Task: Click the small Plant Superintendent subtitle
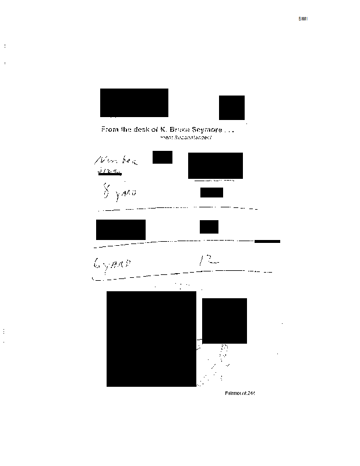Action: [x=186, y=137]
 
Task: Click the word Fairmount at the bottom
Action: [x=235, y=393]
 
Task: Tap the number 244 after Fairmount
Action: [x=251, y=393]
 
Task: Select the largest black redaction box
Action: [x=151, y=339]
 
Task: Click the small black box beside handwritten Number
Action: [x=162, y=157]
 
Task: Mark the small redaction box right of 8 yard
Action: [x=211, y=193]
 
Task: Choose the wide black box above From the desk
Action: [x=134, y=103]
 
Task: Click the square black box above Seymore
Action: [x=231, y=107]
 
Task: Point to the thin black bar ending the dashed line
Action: [x=267, y=241]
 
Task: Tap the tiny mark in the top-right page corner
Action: [x=303, y=19]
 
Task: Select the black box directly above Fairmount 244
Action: [x=224, y=320]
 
